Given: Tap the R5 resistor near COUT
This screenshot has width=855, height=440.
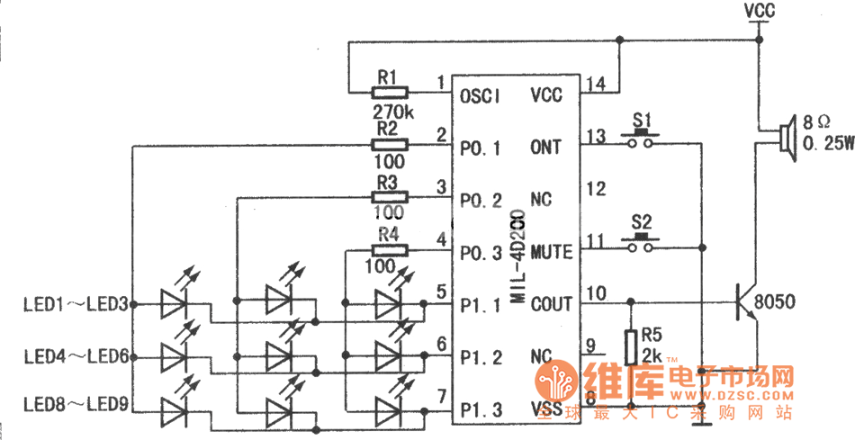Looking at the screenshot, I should pyautogui.click(x=631, y=345).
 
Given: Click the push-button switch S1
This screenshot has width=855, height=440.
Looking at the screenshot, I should pyautogui.click(x=642, y=137).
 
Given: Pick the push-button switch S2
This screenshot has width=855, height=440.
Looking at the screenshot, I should pyautogui.click(x=642, y=240).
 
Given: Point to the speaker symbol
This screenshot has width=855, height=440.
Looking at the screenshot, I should pyautogui.click(x=785, y=136).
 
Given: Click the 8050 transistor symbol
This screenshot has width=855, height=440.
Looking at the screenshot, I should pyautogui.click(x=745, y=302).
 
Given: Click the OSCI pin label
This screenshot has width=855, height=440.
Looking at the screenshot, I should pyautogui.click(x=479, y=94).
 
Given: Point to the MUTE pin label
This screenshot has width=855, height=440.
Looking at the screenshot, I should pyautogui.click(x=551, y=252).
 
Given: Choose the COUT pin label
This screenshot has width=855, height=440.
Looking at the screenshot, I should pyautogui.click(x=551, y=304).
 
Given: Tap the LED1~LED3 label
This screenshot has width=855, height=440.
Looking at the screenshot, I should pyautogui.click(x=75, y=304).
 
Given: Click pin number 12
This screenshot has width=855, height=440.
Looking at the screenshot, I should pyautogui.click(x=594, y=189).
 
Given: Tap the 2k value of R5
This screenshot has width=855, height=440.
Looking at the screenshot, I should pyautogui.click(x=652, y=356).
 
